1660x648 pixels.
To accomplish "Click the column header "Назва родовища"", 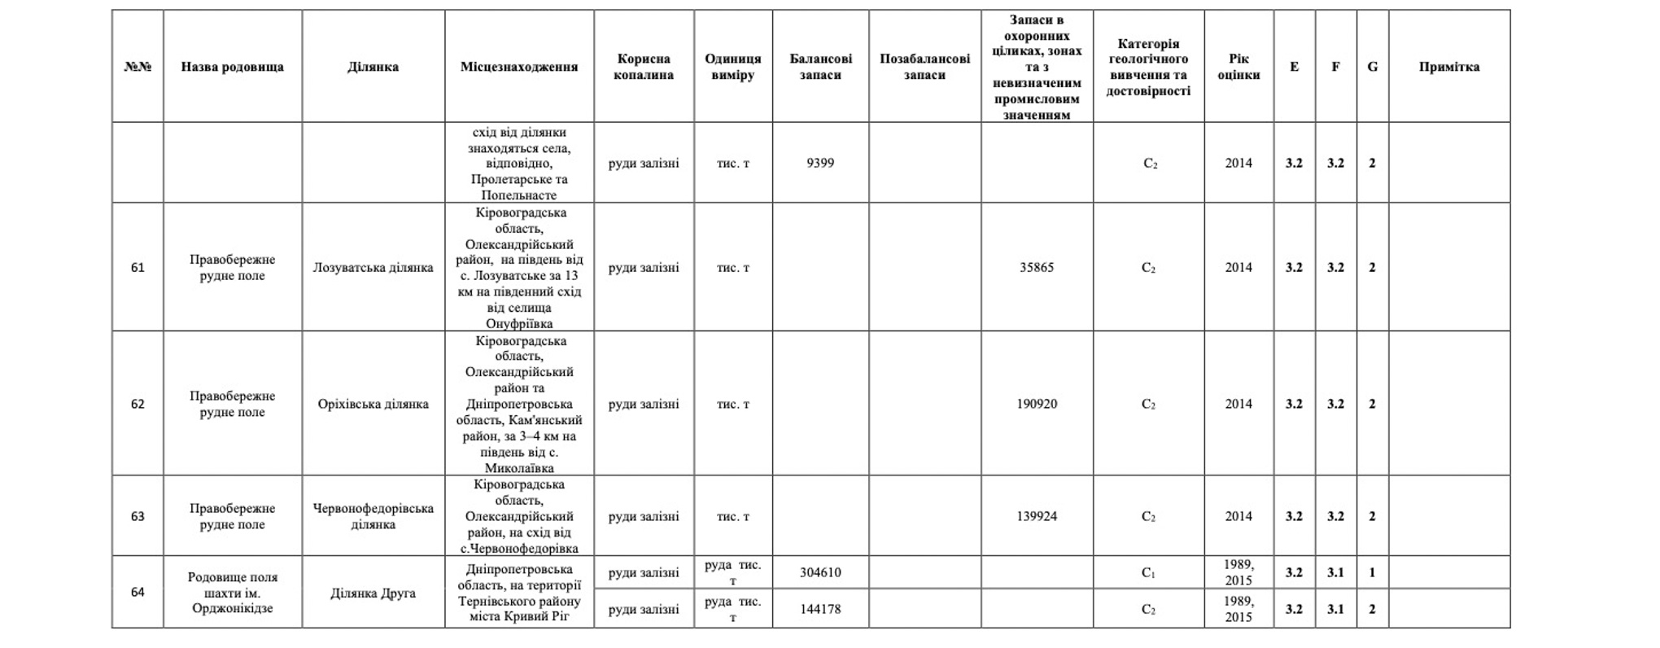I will coord(232,67).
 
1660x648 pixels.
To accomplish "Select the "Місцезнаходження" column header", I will coord(519,67).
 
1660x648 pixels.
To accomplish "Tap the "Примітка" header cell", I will coord(1448,67).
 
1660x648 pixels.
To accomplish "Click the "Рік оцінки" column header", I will coord(1238,67).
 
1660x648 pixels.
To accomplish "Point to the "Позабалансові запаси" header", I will coord(924,67).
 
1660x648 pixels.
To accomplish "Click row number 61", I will coord(138,268).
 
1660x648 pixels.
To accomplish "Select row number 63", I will coord(138,516).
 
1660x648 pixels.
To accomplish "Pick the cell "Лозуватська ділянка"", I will coord(373,268).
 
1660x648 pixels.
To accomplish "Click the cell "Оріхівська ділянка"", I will coord(373,404).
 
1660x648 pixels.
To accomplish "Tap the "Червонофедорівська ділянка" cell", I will coord(373,516).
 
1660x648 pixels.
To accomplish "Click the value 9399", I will coord(820,163).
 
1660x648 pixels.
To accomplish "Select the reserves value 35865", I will coord(1037,268).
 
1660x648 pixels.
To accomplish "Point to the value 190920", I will coord(1037,404).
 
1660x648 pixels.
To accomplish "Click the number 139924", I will coord(1037,516).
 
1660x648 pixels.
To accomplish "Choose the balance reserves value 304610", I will coord(820,572).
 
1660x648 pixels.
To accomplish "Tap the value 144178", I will coord(820,609).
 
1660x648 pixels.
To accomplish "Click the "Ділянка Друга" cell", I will coord(373,593).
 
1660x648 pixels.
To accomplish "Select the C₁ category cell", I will coord(1148,572).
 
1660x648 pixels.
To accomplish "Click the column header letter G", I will coord(1372,67).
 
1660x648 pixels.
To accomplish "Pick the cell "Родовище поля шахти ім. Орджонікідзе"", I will coord(232,593).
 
